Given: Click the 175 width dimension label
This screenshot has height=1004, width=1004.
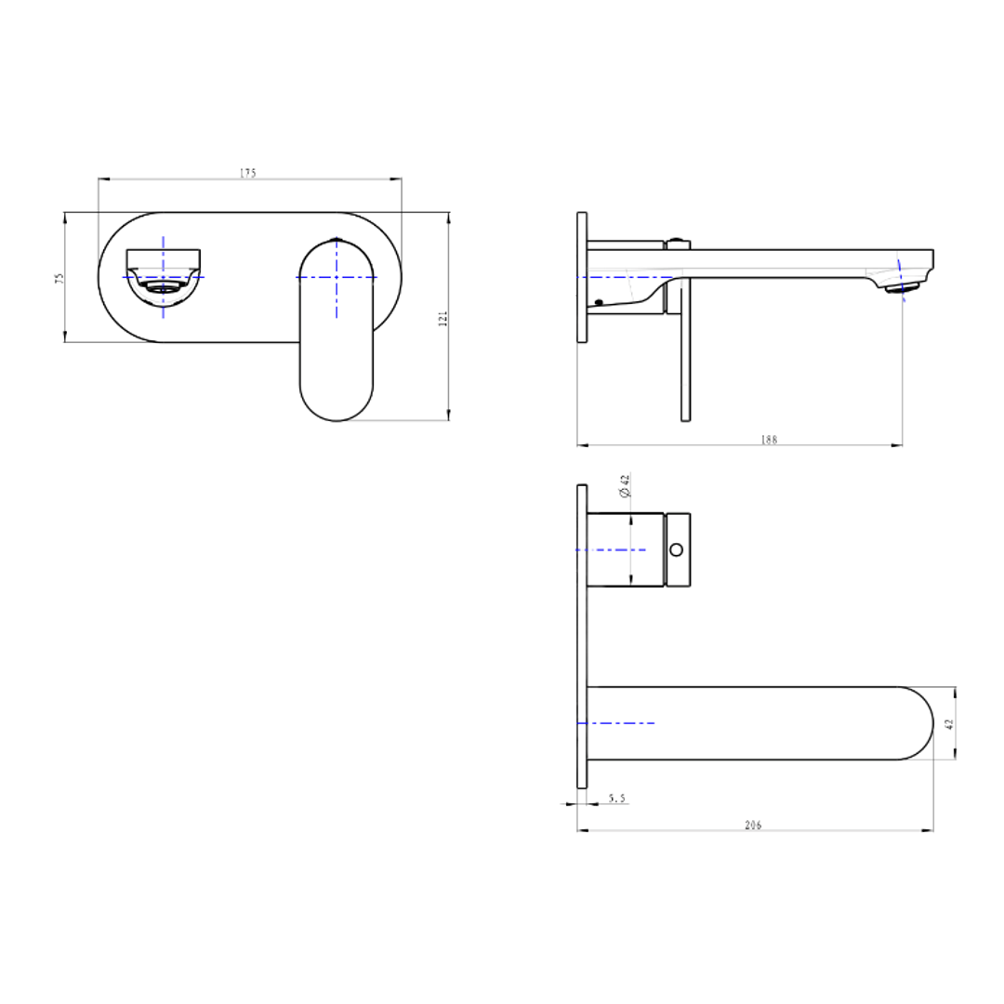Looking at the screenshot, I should [247, 173].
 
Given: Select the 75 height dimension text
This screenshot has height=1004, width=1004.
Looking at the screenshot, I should [59, 278].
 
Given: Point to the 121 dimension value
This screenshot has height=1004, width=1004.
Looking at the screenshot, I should [443, 318].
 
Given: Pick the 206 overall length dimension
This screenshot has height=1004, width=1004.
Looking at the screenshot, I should [753, 825].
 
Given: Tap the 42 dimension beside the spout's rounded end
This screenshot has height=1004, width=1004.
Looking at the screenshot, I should [949, 723].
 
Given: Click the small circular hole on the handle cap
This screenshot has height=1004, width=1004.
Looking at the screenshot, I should [678, 549].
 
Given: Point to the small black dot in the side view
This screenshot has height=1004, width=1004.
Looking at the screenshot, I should [599, 302].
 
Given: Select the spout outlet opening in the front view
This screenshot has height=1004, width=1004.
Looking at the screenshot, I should [165, 288].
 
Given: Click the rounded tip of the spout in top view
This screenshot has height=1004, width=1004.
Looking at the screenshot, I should [916, 723].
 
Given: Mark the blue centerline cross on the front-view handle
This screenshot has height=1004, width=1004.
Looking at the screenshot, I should [337, 277].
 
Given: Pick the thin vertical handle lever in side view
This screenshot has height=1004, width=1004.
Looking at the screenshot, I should [685, 353].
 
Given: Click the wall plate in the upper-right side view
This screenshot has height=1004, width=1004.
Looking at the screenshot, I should [582, 277].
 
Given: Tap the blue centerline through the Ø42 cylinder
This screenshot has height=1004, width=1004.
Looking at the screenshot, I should [610, 550].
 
